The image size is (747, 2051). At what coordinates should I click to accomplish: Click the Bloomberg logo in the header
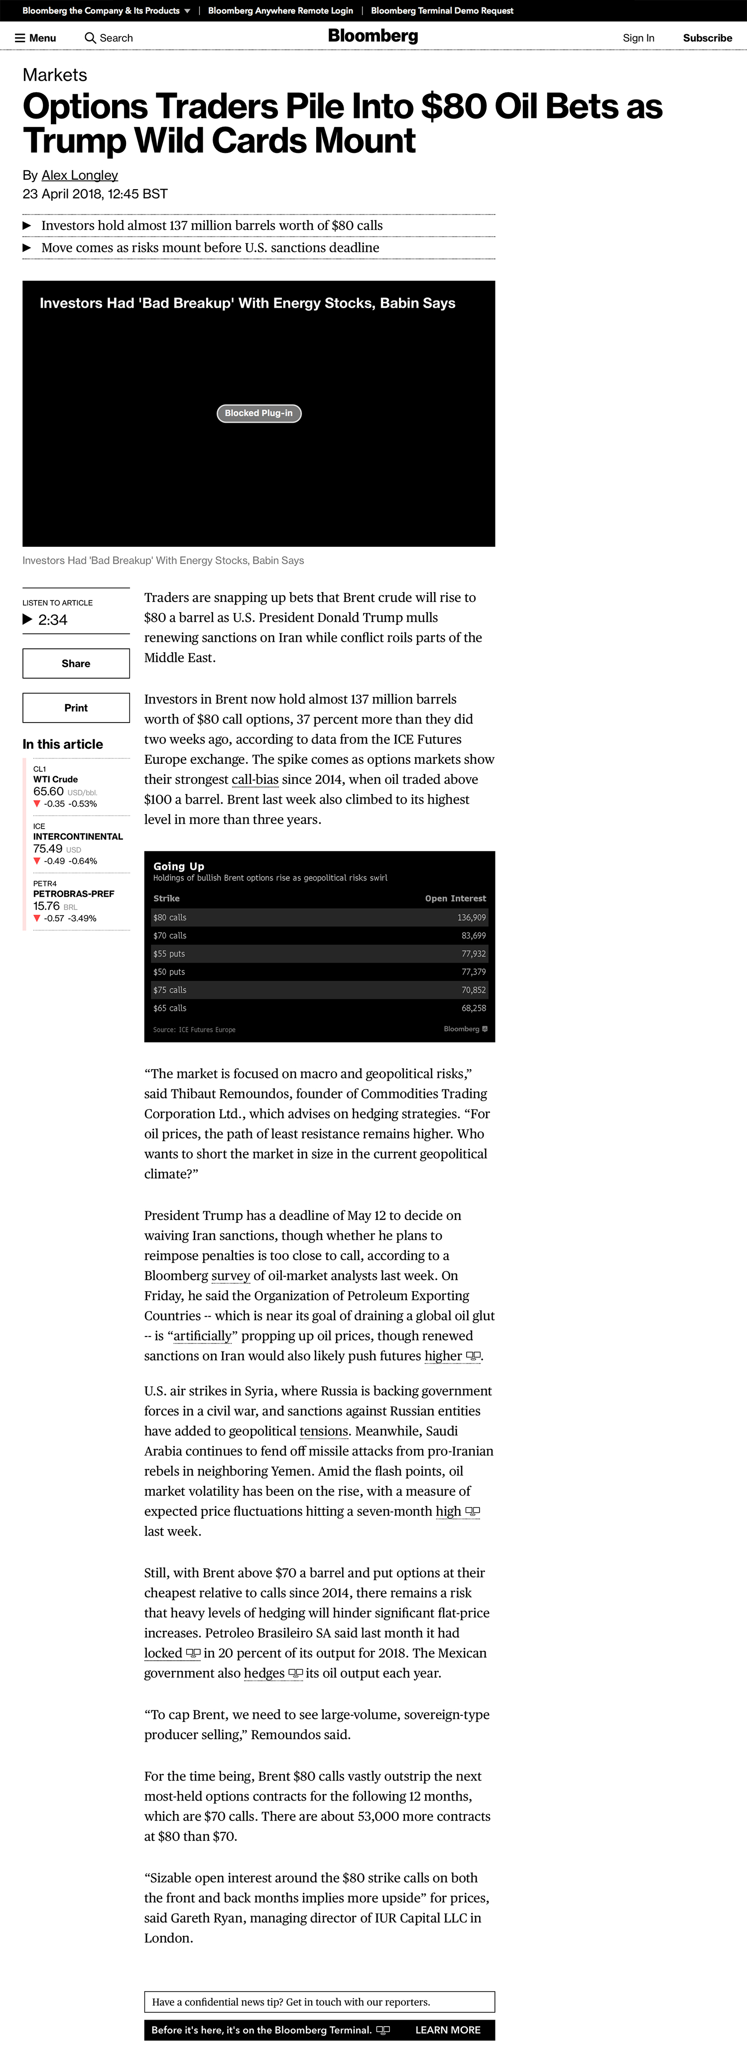[x=373, y=37]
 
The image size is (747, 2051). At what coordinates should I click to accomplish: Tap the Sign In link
[x=638, y=38]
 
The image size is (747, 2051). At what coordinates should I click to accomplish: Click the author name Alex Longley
[x=80, y=175]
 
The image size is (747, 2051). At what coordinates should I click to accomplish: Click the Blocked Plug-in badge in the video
[x=259, y=413]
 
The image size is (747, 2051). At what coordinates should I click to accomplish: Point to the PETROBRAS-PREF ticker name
[x=73, y=894]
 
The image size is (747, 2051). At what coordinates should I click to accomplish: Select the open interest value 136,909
[x=472, y=918]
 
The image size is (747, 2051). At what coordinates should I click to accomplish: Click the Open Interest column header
[x=455, y=899]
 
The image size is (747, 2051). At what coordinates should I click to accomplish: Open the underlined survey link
[x=231, y=1276]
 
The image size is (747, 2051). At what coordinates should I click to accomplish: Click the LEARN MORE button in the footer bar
[x=448, y=2030]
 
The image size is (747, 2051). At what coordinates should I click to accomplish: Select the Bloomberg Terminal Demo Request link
[x=442, y=11]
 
